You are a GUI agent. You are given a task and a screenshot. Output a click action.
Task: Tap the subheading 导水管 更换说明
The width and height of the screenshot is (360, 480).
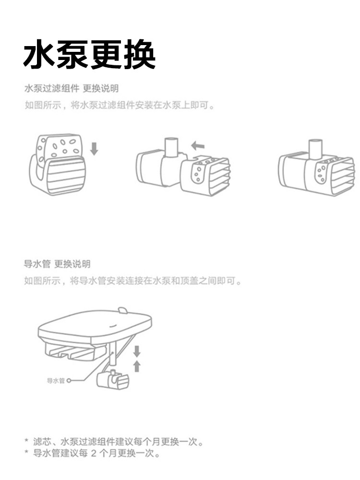click(57, 264)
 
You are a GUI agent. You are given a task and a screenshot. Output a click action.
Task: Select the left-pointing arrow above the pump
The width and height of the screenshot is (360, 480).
click(197, 145)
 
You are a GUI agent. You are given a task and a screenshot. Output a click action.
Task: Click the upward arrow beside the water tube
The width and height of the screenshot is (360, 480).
click(137, 366)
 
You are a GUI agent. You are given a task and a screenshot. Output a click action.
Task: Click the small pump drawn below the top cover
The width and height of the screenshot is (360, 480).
click(113, 380)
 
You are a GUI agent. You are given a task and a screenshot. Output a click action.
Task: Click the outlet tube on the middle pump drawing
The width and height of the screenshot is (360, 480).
click(171, 147)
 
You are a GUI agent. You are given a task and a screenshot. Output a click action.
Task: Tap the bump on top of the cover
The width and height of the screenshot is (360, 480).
click(123, 310)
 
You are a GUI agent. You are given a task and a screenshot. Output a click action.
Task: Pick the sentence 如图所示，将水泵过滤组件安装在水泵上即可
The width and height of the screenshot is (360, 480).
click(119, 105)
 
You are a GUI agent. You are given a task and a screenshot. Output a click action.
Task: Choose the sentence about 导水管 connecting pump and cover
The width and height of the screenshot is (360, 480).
click(133, 281)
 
